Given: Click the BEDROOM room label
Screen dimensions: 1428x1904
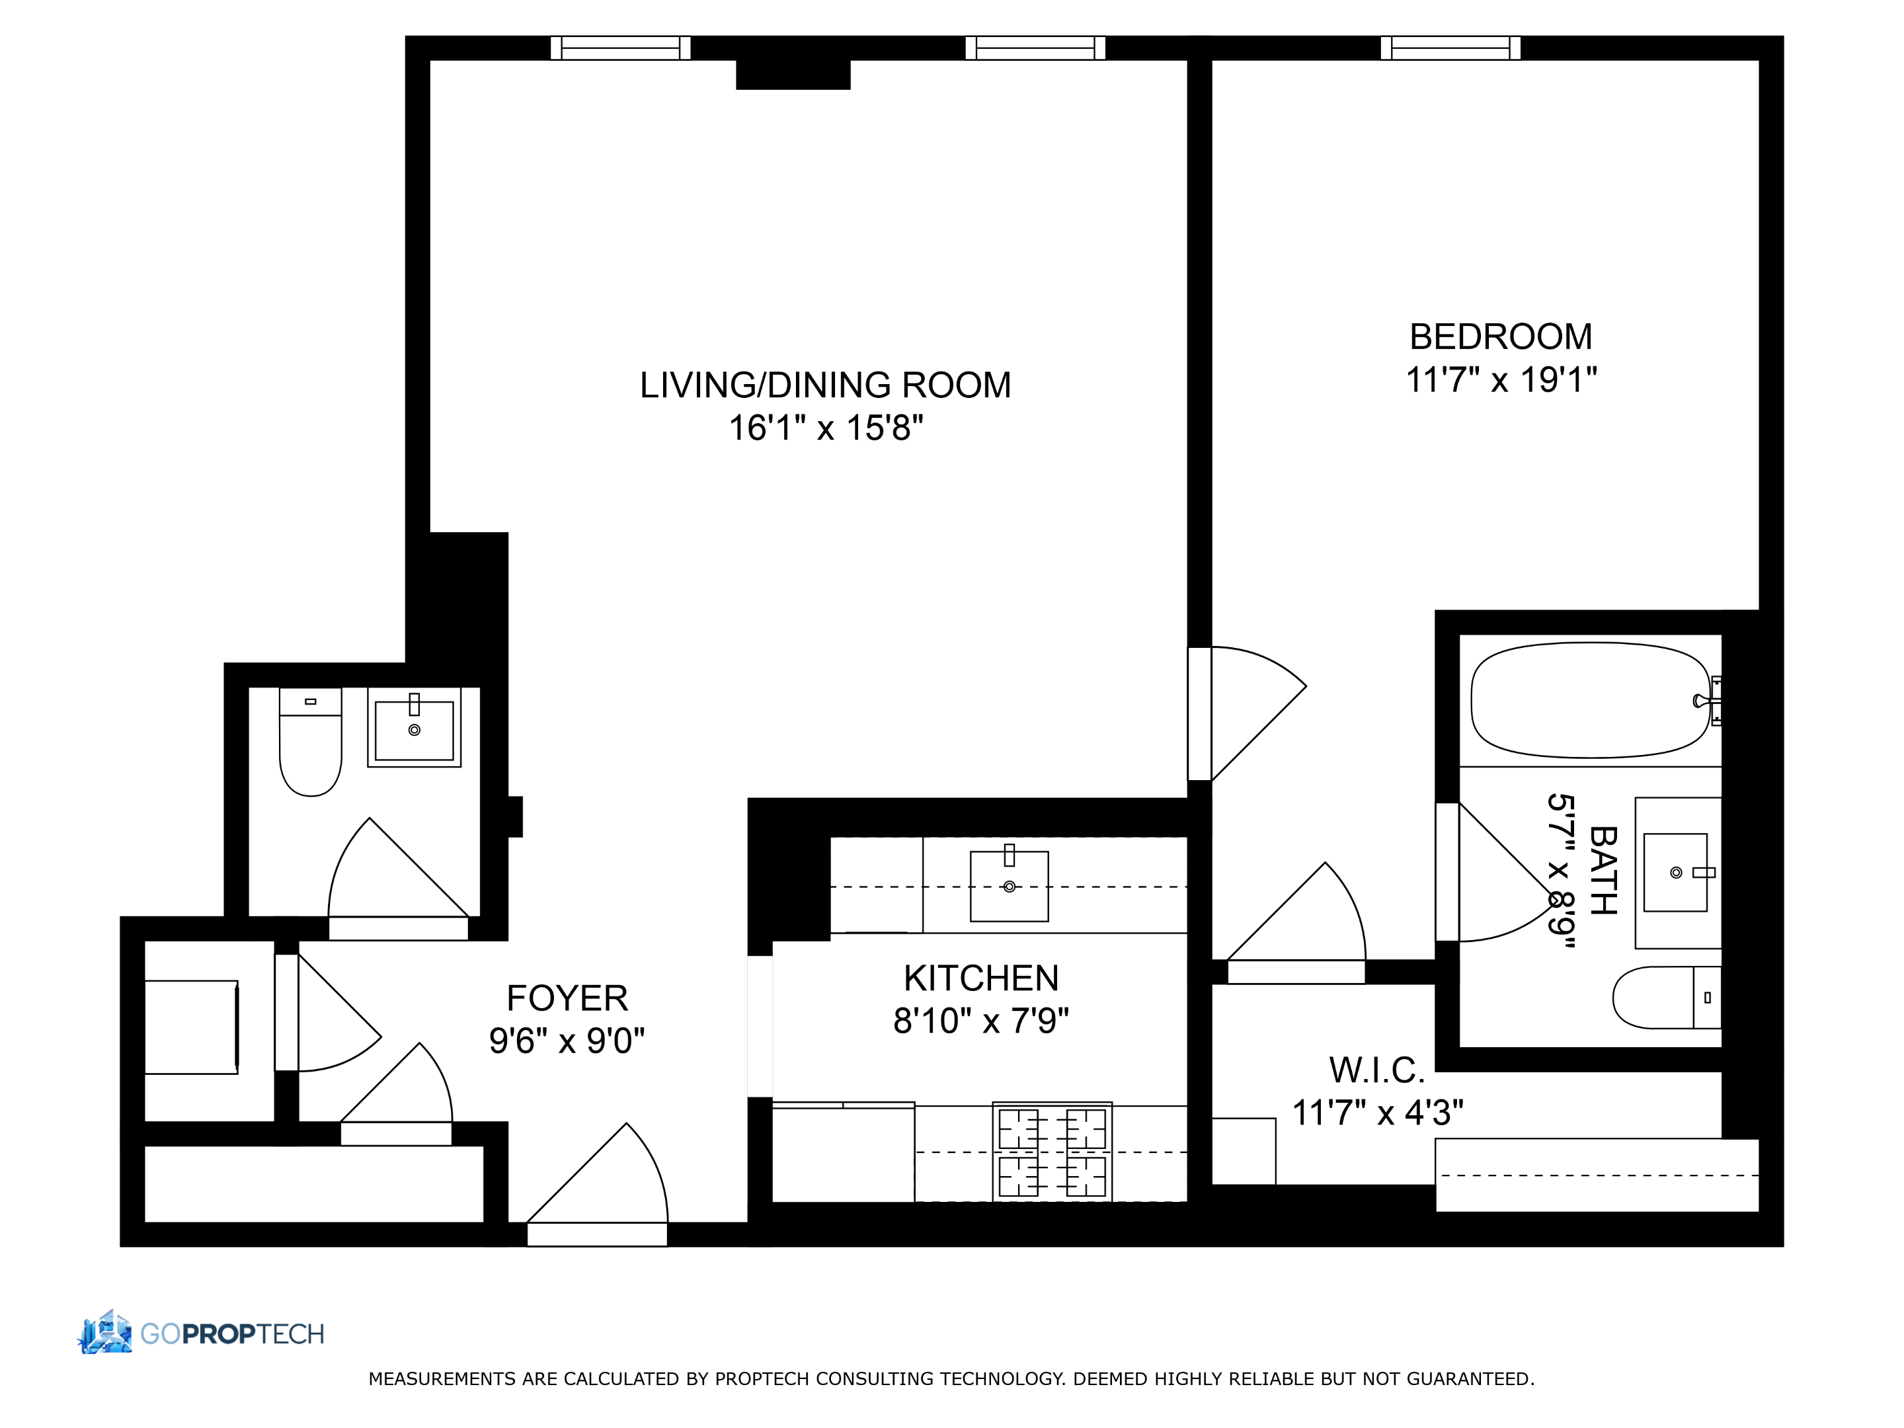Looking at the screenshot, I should [x=1499, y=337].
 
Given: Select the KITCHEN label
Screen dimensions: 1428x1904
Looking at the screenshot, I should [x=980, y=978].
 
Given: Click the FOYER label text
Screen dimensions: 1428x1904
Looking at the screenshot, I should [x=567, y=998].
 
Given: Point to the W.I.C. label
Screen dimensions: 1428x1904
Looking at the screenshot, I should [x=1376, y=1070].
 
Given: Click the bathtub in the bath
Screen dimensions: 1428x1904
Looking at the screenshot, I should [x=1589, y=700].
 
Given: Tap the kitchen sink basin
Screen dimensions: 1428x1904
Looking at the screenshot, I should [x=1008, y=886].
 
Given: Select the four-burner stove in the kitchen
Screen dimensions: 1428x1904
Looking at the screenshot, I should [x=1051, y=1152].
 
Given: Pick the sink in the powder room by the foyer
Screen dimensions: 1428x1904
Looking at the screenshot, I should [x=414, y=729].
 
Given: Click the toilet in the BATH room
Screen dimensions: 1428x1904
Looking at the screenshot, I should [x=1665, y=997].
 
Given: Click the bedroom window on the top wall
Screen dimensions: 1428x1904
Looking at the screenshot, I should [x=1450, y=48].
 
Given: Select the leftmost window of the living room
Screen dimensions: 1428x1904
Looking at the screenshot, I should [x=619, y=48].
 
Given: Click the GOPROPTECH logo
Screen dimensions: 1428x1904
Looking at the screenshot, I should [x=202, y=1333].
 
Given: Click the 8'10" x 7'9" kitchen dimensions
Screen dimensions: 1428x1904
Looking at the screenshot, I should [x=980, y=1021].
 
